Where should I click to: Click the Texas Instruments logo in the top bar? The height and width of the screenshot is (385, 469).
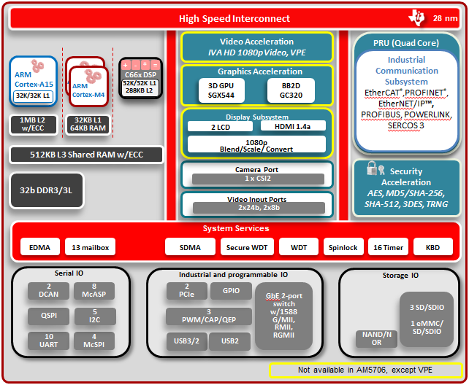point(418,17)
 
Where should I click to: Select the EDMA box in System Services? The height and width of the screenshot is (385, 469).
point(40,247)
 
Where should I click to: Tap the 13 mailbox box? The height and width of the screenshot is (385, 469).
point(91,247)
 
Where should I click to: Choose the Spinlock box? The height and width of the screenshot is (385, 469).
point(342,247)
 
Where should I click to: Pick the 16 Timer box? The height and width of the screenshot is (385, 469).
point(388,247)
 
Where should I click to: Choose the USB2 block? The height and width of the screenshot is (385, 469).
point(229,341)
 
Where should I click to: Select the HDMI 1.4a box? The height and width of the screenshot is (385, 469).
point(291,126)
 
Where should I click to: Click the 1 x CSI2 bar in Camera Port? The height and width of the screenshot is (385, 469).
point(258,179)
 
